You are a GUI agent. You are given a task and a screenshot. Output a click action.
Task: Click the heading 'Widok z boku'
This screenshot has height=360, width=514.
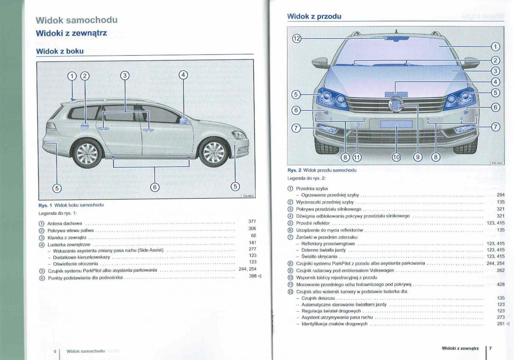(60, 51)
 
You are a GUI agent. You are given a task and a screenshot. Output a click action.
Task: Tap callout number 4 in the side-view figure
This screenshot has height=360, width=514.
(183, 75)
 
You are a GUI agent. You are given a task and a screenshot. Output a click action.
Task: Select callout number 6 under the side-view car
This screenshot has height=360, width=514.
(155, 187)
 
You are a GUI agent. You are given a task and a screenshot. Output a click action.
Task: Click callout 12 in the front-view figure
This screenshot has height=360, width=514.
(297, 39)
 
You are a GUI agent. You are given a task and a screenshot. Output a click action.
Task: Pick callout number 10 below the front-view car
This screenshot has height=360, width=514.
(396, 157)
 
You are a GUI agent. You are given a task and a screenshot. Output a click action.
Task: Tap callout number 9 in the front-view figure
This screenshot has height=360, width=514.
(418, 157)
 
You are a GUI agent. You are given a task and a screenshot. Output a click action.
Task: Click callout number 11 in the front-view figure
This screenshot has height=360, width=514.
(357, 157)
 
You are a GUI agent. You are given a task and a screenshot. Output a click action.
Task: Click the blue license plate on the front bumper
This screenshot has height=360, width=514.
(396, 124)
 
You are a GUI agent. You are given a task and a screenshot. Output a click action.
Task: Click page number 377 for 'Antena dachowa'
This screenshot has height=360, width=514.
(252, 221)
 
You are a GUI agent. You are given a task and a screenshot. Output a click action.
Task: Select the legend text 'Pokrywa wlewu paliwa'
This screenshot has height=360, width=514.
(71, 230)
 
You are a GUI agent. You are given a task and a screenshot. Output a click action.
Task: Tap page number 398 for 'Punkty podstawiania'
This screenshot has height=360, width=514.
(253, 276)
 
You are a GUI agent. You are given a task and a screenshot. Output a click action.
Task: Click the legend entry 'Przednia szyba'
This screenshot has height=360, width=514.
(312, 188)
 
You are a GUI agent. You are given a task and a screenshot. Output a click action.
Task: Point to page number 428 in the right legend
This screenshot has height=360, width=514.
(501, 284)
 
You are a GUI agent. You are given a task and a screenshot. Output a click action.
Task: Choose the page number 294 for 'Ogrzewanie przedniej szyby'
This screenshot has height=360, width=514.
(501, 195)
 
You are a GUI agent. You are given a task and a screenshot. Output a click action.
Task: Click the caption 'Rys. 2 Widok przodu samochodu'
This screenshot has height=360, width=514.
(322, 170)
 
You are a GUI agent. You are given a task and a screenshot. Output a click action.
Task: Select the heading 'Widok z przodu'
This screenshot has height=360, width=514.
(314, 16)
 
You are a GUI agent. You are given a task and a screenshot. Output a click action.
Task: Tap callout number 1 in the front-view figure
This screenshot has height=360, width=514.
(495, 47)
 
